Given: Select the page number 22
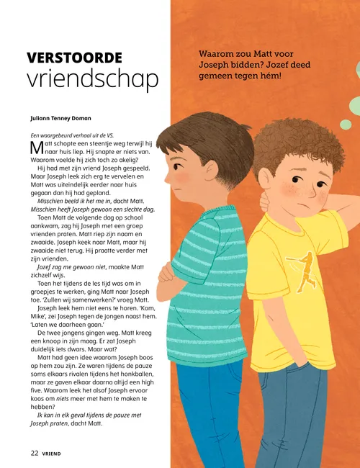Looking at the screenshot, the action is pyautogui.click(x=34, y=454).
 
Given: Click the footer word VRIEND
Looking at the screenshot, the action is pyautogui.click(x=53, y=454).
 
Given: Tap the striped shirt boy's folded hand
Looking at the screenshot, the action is pyautogui.click(x=167, y=272).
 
